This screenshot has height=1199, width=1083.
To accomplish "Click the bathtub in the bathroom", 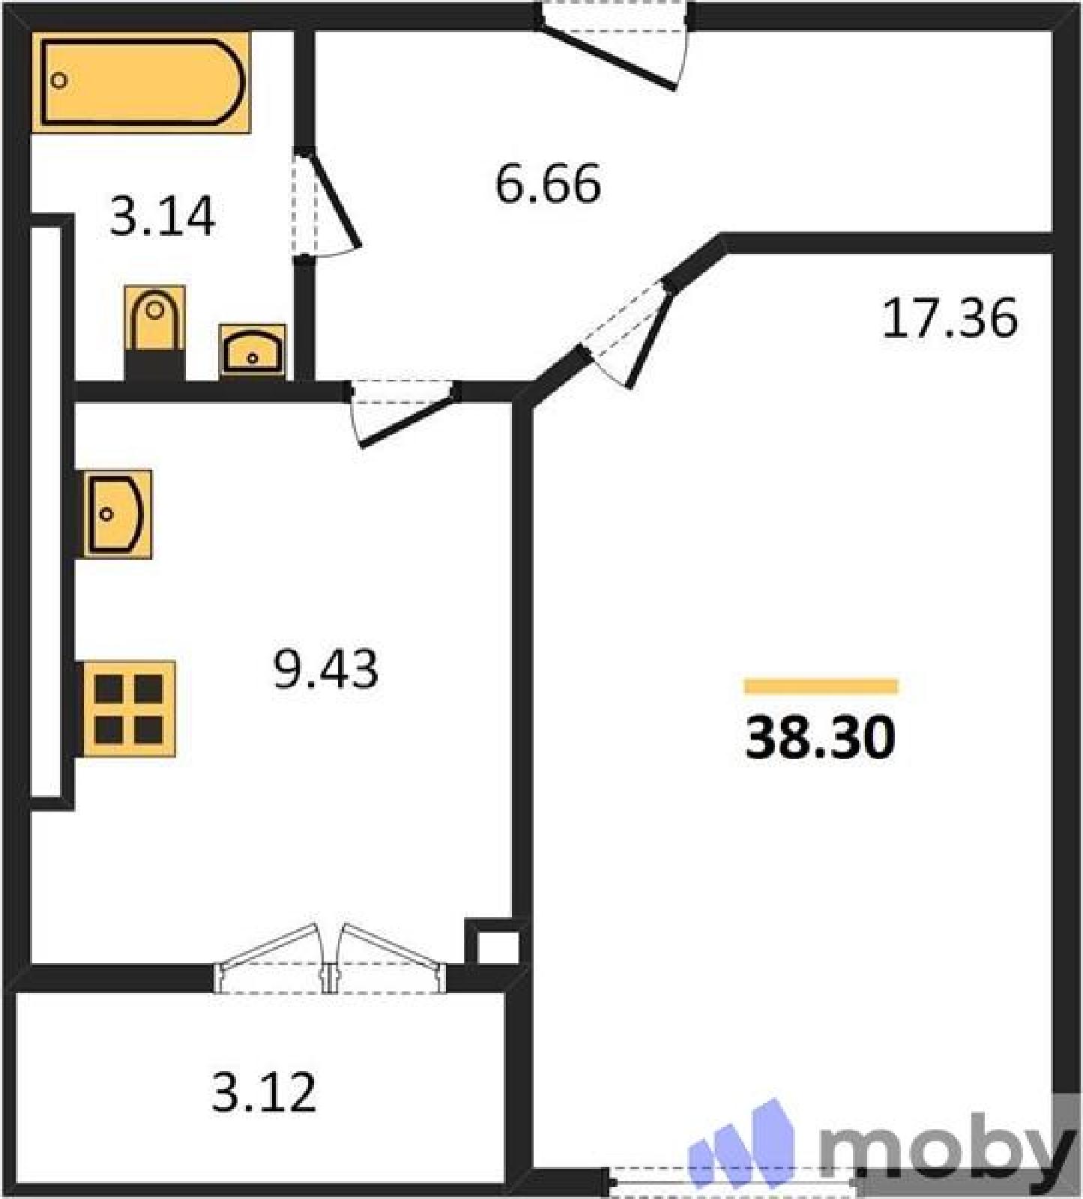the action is pyautogui.click(x=141, y=82).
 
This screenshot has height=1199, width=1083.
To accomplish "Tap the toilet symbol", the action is pyautogui.click(x=154, y=333).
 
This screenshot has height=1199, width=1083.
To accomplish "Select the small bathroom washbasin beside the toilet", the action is pyautogui.click(x=253, y=350).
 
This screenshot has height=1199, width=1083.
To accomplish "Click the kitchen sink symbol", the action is pyautogui.click(x=117, y=514).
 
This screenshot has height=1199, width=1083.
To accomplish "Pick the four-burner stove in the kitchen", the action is pyautogui.click(x=129, y=709).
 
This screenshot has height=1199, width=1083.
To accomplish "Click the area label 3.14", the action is pyautogui.click(x=163, y=216).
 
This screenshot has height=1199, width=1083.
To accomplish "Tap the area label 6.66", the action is pyautogui.click(x=548, y=184).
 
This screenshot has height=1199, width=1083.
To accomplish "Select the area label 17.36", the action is pyautogui.click(x=950, y=318).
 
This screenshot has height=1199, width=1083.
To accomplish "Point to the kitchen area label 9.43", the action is pyautogui.click(x=326, y=668).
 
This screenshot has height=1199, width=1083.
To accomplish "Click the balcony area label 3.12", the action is pyautogui.click(x=264, y=1092).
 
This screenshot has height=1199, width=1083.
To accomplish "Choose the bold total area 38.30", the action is pyautogui.click(x=821, y=737).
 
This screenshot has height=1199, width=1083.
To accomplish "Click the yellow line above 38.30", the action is pyautogui.click(x=821, y=686).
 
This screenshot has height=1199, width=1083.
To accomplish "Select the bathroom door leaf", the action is pyautogui.click(x=330, y=199).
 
